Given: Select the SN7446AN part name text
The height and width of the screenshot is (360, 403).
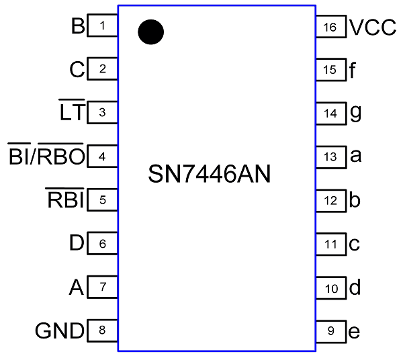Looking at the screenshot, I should (210, 175).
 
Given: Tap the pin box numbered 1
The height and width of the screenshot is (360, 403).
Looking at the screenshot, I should (103, 27).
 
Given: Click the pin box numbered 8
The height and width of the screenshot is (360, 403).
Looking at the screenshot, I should (103, 330).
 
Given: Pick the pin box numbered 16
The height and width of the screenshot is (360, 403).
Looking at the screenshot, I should (330, 27).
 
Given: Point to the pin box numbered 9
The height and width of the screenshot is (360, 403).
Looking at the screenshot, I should (330, 330).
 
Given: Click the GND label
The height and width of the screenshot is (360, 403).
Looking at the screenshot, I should (59, 331).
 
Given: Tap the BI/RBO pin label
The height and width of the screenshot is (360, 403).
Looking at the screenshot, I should (46, 156).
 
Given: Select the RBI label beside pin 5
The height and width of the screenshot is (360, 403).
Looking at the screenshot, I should (64, 200).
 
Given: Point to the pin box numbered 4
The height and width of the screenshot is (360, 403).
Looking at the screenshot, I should (103, 157).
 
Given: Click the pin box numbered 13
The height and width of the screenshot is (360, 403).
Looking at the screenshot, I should (330, 157).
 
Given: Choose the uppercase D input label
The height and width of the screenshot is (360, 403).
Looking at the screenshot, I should (77, 244).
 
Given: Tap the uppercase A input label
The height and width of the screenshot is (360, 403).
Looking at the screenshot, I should (77, 287).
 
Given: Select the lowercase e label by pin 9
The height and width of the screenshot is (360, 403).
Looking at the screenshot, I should (355, 332).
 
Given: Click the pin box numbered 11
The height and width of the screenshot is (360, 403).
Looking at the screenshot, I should (330, 244).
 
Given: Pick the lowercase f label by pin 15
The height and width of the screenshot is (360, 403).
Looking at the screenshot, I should (353, 70).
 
